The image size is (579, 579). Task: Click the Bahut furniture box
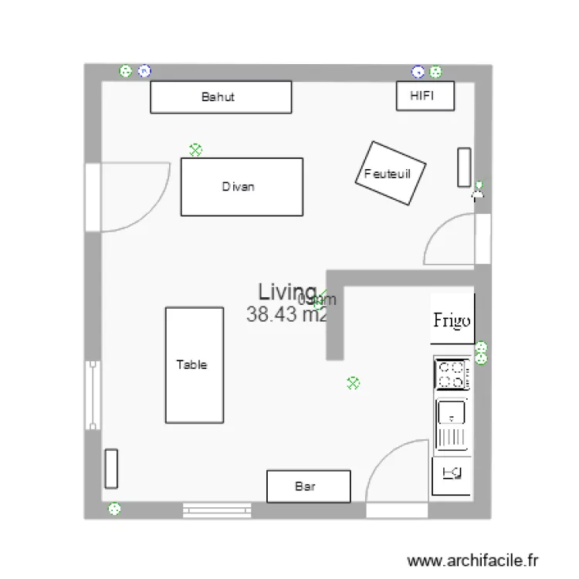(221, 97)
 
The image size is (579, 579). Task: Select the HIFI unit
(425, 96)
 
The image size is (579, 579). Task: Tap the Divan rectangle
(241, 187)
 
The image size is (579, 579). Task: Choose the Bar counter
(308, 486)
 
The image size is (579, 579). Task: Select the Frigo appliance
(452, 320)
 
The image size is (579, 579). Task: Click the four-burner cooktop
(452, 374)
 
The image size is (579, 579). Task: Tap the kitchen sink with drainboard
(452, 425)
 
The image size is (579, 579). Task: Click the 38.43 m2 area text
(286, 314)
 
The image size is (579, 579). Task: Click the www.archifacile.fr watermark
(472, 560)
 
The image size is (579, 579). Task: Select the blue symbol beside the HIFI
(418, 72)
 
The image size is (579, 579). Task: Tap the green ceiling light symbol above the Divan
(195, 150)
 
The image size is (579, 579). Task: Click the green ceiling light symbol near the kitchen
(354, 382)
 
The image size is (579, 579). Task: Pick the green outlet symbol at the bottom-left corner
(114, 508)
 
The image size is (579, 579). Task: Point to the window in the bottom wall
(218, 510)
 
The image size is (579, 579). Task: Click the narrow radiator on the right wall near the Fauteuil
(464, 167)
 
